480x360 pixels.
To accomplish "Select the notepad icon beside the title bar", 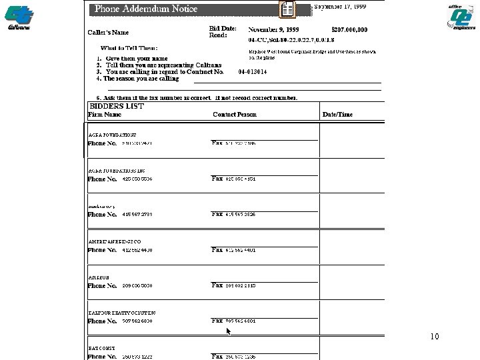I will pyautogui.click(x=287, y=9).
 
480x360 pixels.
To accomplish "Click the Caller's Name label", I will pyautogui.click(x=108, y=32).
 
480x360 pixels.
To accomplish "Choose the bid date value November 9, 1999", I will pyautogui.click(x=273, y=30).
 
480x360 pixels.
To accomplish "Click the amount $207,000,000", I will pyautogui.click(x=349, y=30).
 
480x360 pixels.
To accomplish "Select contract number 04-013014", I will pyautogui.click(x=253, y=71).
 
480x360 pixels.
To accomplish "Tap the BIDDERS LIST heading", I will pyautogui.click(x=117, y=106).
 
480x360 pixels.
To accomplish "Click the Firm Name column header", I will pyautogui.click(x=105, y=115).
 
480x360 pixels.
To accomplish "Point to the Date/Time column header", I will pyautogui.click(x=337, y=115).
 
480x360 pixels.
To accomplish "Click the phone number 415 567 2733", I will pyautogui.click(x=137, y=214).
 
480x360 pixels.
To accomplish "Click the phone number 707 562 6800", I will pyautogui.click(x=137, y=321).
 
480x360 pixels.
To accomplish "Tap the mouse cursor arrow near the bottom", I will pyautogui.click(x=229, y=331).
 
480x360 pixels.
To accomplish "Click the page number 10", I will pyautogui.click(x=435, y=337).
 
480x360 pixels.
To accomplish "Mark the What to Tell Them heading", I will pyautogui.click(x=129, y=48).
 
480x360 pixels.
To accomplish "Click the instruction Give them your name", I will pyautogui.click(x=136, y=58).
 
